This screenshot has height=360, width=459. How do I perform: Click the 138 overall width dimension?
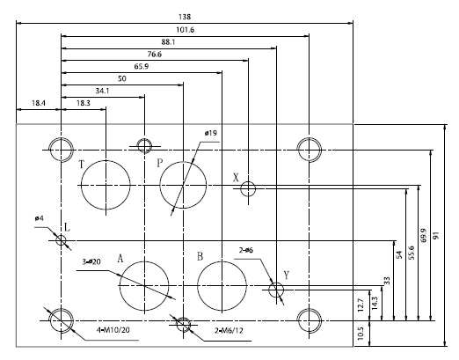coord(185,17)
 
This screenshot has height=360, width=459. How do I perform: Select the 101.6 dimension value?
coord(185,30)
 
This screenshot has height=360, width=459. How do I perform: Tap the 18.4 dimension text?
coord(39,103)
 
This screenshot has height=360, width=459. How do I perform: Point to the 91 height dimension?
coord(437,235)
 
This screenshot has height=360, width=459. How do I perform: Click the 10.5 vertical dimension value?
coord(361,334)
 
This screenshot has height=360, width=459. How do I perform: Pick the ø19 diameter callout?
coord(211,133)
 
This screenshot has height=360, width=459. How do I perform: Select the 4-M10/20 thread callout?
coord(113,330)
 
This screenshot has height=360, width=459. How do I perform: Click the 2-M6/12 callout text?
coord(229,331)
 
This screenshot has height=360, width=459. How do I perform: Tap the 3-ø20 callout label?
coord(91,261)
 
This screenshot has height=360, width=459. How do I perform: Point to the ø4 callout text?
coord(39,218)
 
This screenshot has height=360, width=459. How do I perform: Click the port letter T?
coord(82,165)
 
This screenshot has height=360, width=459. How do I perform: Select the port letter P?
coord(159,163)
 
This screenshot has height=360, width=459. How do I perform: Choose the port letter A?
coord(120,259)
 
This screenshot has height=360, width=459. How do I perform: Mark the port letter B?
coord(200,256)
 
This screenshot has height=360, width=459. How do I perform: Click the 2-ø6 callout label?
coord(246,250)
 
